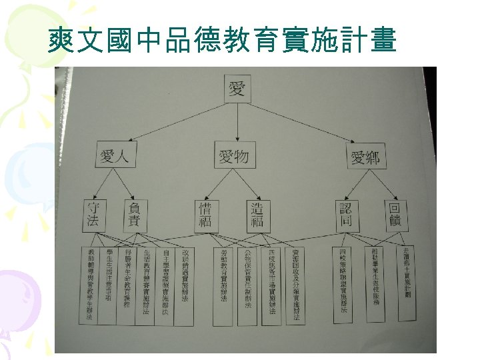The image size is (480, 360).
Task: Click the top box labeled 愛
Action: (x=237, y=89)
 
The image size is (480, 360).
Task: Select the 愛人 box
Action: (x=118, y=157)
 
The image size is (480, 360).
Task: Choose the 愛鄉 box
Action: (x=365, y=158)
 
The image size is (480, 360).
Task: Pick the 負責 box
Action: (x=134, y=215)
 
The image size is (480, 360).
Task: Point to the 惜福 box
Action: (x=205, y=215)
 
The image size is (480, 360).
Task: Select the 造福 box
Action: (x=257, y=215)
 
